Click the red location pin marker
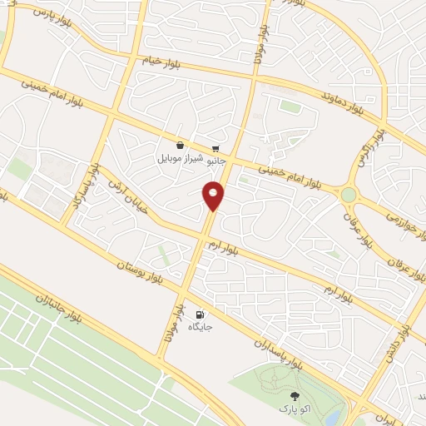214,195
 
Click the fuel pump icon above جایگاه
200,315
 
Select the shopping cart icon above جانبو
216,149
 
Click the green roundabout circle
348,195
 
